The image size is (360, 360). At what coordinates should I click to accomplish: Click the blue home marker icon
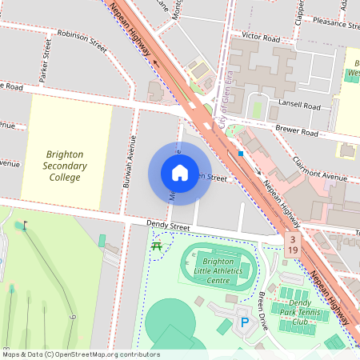tap(180, 172)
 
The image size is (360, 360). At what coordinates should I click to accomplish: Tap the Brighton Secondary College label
tap(64, 165)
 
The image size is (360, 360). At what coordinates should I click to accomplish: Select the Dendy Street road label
tap(167, 227)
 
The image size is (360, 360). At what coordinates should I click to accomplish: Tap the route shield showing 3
tap(294, 239)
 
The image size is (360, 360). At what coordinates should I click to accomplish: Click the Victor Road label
tap(261, 37)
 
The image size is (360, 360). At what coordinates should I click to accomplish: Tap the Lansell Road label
tap(302, 106)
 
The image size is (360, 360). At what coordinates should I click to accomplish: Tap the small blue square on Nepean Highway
tap(240, 153)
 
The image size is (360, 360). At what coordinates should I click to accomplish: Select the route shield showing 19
tap(294, 250)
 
